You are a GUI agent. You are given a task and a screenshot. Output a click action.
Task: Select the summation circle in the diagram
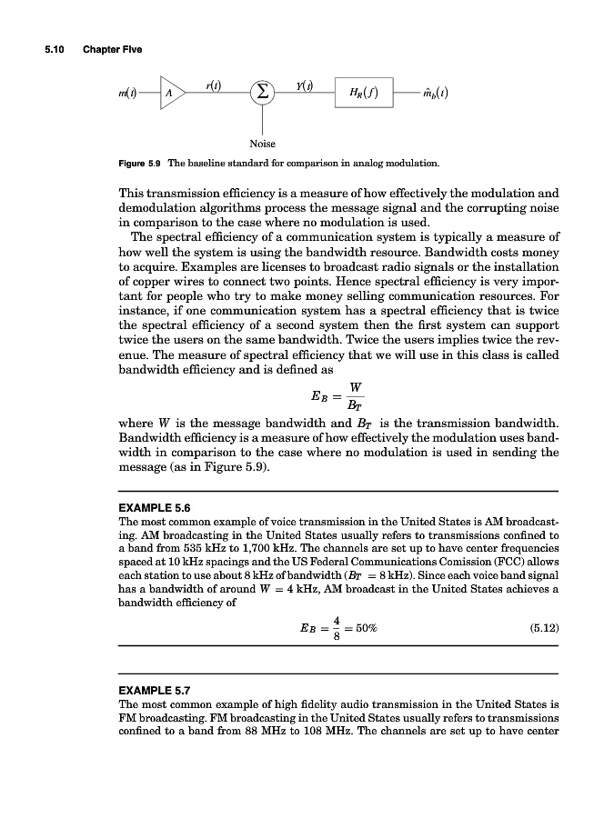(x=263, y=93)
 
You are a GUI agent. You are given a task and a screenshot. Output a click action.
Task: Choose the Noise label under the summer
(x=262, y=144)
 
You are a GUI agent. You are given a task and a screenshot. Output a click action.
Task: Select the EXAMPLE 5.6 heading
(x=155, y=507)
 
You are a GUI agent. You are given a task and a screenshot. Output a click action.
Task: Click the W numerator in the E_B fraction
(x=355, y=388)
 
